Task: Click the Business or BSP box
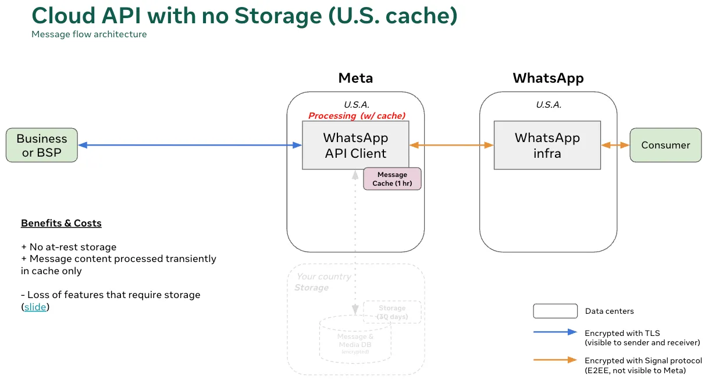pos(41,145)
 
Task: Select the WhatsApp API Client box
pos(355,145)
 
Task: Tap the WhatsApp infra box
pos(547,145)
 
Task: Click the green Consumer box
pos(665,145)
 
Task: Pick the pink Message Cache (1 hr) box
pos(392,179)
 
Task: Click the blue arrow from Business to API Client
pos(190,145)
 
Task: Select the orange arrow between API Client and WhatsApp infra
pos(451,145)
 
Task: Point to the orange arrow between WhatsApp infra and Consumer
pos(615,145)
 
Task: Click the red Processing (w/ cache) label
pos(357,115)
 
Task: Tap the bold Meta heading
pos(355,78)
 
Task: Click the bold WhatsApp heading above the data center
pos(548,78)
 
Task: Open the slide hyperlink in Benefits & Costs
pos(35,307)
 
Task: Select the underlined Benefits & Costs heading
pos(61,223)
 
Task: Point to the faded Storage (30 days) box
pos(392,312)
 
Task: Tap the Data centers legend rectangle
pos(555,311)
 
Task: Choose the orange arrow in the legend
pos(555,360)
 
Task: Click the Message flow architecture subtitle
pos(89,34)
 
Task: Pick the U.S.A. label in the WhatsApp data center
pos(549,105)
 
